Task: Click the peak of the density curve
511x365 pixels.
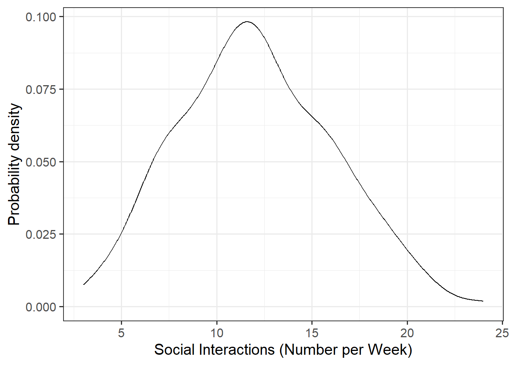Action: click(x=247, y=22)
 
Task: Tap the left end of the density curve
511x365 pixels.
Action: click(x=84, y=284)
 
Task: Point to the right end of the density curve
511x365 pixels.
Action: click(x=483, y=301)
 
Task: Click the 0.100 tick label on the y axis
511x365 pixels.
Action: click(x=41, y=17)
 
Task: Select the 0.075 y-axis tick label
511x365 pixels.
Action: click(x=41, y=90)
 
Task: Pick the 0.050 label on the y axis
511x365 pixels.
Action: click(x=41, y=162)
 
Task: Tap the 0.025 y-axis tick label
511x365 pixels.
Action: click(x=41, y=235)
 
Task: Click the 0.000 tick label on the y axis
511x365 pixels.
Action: click(x=41, y=307)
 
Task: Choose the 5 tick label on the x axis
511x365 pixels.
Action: click(x=121, y=333)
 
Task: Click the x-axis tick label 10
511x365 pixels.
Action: click(x=217, y=333)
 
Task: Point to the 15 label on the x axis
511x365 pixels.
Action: click(x=312, y=333)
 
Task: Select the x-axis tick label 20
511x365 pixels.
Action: click(x=407, y=333)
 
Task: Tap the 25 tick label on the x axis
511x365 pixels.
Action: click(x=502, y=333)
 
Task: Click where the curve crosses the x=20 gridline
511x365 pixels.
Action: click(x=407, y=250)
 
